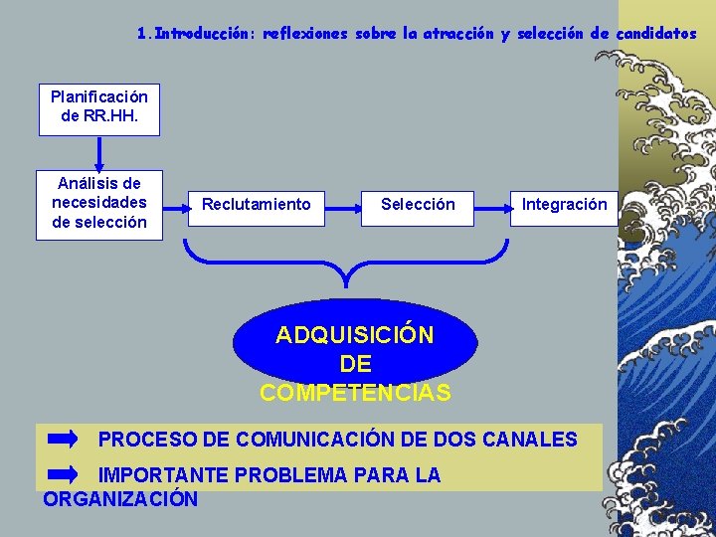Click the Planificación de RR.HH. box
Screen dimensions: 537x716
click(99, 106)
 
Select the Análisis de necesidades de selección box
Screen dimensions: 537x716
click(99, 203)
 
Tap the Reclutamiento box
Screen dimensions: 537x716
click(257, 205)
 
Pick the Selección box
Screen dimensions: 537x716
click(418, 205)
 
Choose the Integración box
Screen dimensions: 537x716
click(564, 205)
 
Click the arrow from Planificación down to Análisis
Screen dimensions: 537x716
click(99, 154)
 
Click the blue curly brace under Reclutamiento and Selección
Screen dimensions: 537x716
click(345, 263)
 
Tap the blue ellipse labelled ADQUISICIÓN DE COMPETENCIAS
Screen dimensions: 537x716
click(355, 343)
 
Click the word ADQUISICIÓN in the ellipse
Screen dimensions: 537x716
click(355, 335)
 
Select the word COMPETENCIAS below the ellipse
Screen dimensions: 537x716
click(355, 393)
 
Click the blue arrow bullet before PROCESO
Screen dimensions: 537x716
click(64, 439)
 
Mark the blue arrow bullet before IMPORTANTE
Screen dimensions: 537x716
click(64, 474)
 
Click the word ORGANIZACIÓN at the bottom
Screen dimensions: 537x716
click(120, 499)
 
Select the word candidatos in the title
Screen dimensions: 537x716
click(656, 33)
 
